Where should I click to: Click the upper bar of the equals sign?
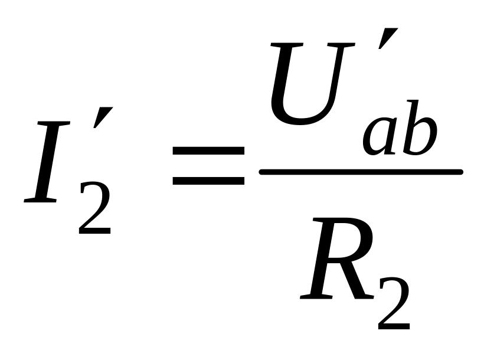(208, 150)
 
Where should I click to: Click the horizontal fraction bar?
(361, 172)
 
